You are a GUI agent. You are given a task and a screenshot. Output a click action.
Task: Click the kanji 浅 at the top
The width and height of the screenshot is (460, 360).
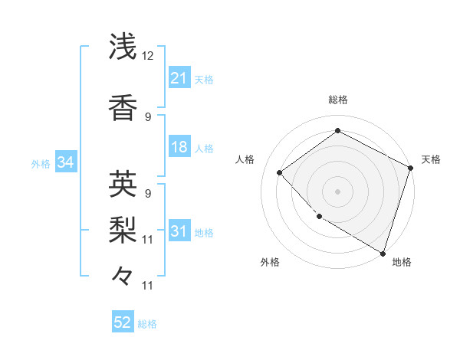[123, 47]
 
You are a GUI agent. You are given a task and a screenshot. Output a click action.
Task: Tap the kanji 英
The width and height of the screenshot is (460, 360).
[123, 184]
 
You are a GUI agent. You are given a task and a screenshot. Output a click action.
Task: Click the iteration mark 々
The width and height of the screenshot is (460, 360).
[123, 273]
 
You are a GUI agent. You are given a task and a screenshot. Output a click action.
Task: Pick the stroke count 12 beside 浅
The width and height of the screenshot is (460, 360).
[148, 56]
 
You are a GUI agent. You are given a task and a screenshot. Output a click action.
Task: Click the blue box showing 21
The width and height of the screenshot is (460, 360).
[179, 77]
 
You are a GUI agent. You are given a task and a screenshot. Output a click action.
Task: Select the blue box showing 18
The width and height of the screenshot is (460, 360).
[179, 147]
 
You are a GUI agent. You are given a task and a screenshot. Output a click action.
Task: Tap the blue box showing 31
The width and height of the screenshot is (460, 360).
[179, 231]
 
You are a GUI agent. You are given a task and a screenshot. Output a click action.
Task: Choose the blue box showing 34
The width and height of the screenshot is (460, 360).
[65, 162]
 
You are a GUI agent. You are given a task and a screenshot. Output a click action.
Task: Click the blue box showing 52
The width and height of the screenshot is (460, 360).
[123, 322]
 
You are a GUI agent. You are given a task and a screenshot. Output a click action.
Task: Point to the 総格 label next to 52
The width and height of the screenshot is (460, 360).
[147, 324]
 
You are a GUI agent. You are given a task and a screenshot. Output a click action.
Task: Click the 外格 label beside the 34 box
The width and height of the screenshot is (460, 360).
[41, 163]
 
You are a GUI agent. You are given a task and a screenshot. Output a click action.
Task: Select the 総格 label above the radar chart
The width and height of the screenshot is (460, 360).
[337, 100]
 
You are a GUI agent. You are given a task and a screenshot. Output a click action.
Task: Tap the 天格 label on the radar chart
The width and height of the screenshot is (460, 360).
[431, 159]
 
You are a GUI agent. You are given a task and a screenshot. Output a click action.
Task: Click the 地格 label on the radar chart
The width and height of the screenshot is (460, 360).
[402, 262]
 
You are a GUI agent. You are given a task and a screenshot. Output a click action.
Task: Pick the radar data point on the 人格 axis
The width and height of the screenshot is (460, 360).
[280, 173]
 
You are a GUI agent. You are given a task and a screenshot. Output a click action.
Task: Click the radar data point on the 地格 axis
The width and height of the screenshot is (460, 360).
[383, 253]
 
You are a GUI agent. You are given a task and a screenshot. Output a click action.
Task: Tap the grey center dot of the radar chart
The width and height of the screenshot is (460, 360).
[337, 191]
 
